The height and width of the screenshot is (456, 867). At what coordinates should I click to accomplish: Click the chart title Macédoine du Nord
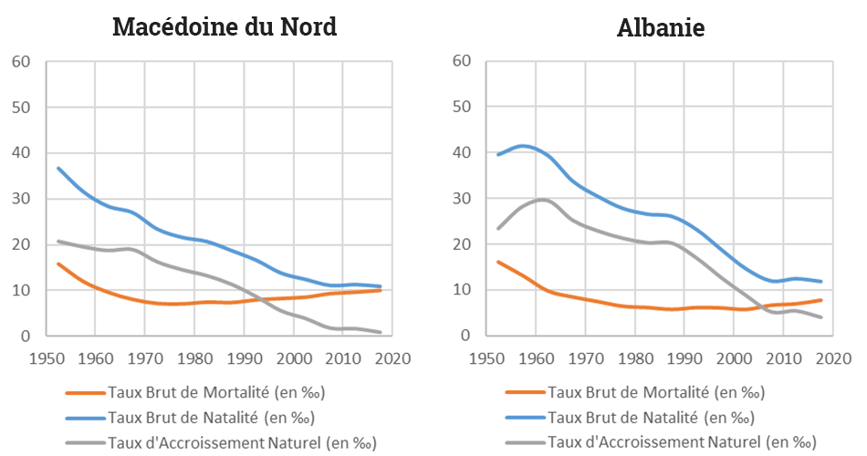pyautogui.click(x=225, y=26)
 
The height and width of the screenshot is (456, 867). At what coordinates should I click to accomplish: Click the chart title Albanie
pyautogui.click(x=661, y=27)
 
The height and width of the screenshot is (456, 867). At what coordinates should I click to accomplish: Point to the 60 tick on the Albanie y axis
pyautogui.click(x=461, y=61)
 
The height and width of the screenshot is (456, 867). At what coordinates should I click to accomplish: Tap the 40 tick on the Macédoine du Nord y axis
pyautogui.click(x=21, y=153)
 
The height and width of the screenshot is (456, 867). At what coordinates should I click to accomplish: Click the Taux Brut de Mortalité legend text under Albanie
pyautogui.click(x=656, y=393)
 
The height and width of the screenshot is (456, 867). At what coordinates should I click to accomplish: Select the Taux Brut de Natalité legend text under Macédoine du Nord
pyautogui.click(x=211, y=419)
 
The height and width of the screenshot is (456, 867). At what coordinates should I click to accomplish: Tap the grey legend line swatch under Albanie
pyautogui.click(x=524, y=443)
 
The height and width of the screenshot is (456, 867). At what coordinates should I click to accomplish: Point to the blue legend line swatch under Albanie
pyautogui.click(x=524, y=419)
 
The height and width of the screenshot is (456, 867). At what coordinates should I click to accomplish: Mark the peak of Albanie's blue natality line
pyautogui.click(x=522, y=146)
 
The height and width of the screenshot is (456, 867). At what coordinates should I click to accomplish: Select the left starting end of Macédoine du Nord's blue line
pyautogui.click(x=58, y=168)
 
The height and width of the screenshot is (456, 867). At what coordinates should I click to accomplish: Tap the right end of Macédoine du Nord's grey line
pyautogui.click(x=381, y=332)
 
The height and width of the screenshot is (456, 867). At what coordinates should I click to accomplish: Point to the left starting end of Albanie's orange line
pyautogui.click(x=497, y=262)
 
